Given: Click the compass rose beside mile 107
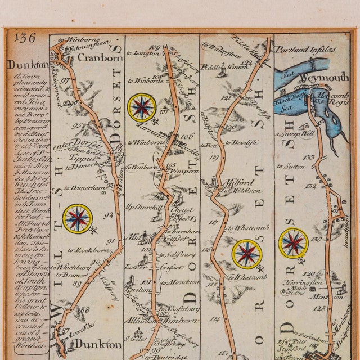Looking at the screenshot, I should pyautogui.click(x=142, y=107).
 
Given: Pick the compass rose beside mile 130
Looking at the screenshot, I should pyautogui.click(x=293, y=242).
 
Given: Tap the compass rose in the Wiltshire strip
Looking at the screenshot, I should pyautogui.click(x=78, y=219).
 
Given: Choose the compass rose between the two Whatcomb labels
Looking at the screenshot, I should pyautogui.click(x=247, y=254).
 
